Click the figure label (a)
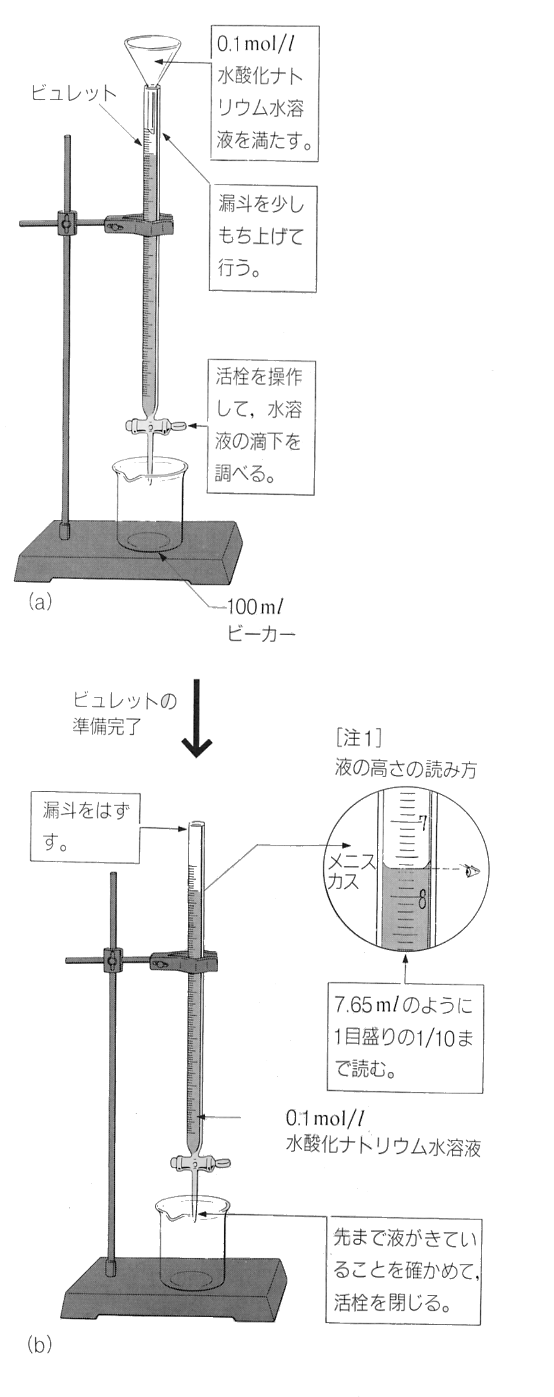click(39, 602)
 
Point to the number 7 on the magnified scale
click(423, 822)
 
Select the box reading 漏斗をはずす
click(84, 827)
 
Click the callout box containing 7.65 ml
click(404, 1038)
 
